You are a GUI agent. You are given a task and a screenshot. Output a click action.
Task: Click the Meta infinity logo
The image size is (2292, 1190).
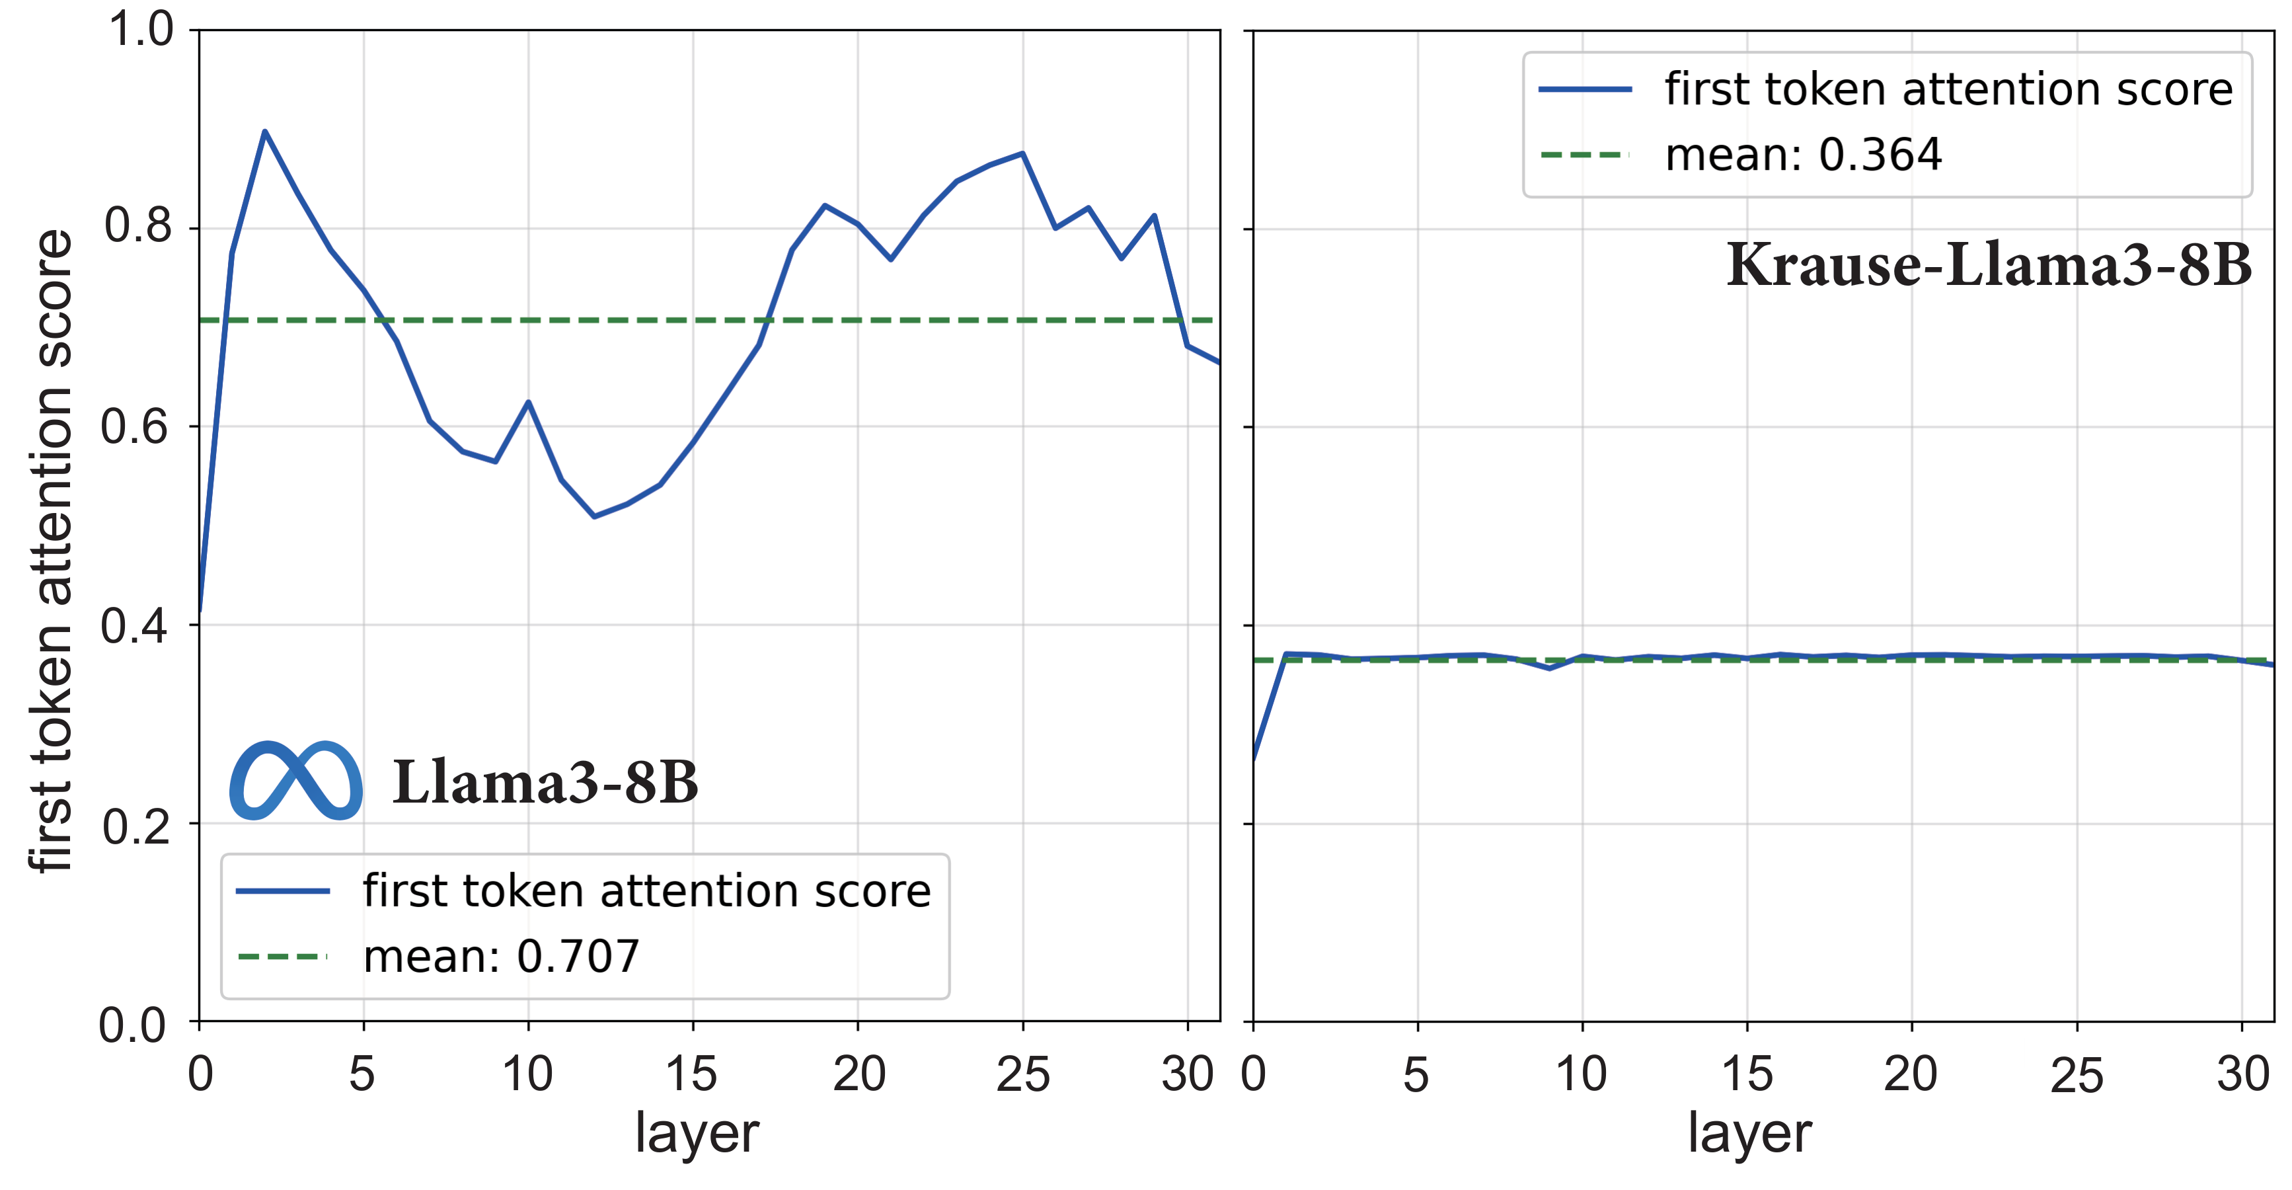295,781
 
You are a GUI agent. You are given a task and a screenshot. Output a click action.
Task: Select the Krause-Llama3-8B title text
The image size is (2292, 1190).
1989,265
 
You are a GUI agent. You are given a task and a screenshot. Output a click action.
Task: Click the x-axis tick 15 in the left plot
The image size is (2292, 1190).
691,1074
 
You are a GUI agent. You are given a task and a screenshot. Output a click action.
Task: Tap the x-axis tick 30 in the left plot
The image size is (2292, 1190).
1187,1074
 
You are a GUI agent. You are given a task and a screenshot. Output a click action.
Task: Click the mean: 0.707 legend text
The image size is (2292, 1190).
501,957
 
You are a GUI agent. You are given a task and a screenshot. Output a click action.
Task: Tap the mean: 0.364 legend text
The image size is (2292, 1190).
1803,155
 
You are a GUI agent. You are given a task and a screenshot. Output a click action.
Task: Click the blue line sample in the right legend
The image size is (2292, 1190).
1585,89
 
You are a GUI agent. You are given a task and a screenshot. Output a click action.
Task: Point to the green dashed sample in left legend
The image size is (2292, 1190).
282,957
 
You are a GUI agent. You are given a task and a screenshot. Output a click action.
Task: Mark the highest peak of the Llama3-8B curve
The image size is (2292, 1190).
264,132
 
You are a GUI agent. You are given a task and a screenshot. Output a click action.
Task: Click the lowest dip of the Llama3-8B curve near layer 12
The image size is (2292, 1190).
594,516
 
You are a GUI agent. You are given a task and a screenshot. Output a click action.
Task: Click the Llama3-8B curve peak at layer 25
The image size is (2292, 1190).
1022,153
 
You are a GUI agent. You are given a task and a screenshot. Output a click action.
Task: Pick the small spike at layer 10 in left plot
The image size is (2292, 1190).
529,403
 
